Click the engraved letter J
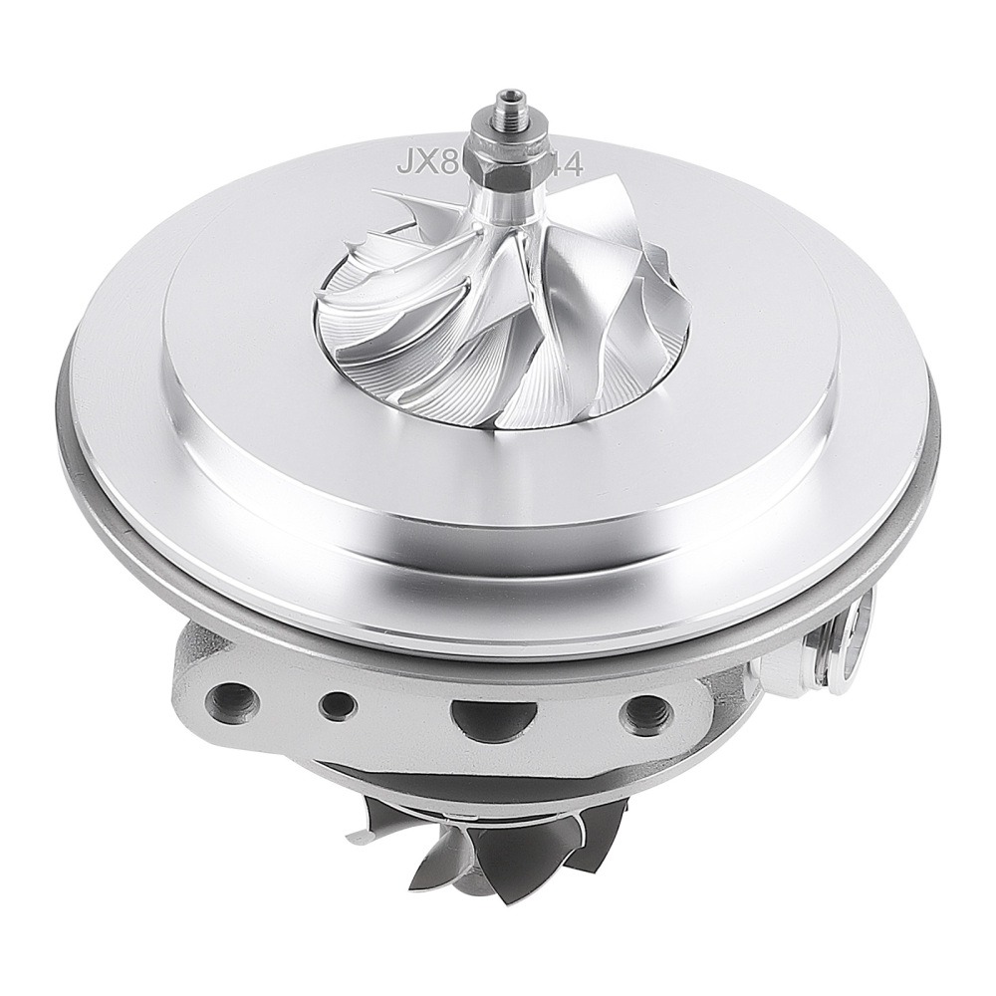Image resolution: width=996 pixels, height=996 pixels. tap(405, 162)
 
